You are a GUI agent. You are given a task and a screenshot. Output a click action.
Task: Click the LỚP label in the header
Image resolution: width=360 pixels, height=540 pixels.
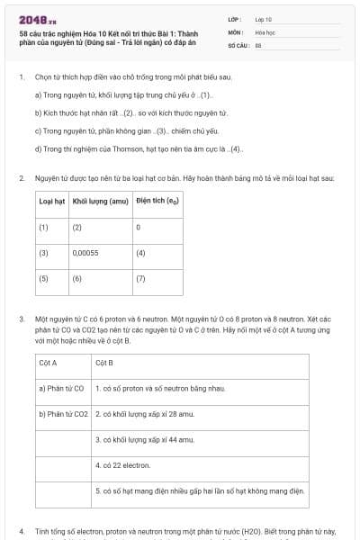236,19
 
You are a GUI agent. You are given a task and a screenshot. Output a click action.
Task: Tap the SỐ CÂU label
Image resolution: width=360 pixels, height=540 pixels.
238,43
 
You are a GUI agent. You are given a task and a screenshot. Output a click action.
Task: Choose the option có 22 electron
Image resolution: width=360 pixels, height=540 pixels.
122,465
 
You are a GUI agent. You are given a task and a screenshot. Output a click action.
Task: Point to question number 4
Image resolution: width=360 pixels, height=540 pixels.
22,531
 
